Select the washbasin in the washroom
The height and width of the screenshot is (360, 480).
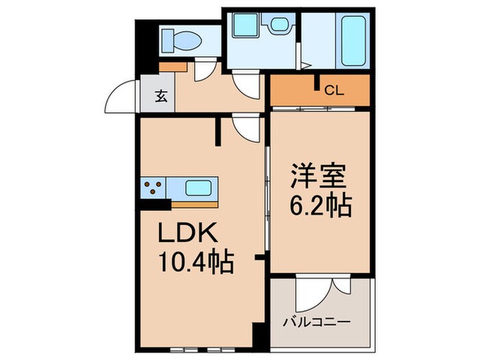click(x=278, y=25)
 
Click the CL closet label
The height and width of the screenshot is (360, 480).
click(x=333, y=89)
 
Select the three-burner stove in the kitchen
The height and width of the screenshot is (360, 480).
click(x=154, y=188)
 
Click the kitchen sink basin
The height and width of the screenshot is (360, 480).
click(x=199, y=187)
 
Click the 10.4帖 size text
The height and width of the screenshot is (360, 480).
click(x=197, y=262)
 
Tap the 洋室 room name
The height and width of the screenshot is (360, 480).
click(x=320, y=176)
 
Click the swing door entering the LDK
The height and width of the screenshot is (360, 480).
click(x=246, y=127)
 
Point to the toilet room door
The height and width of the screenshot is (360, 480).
click(x=204, y=71)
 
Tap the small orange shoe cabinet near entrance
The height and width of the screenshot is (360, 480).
click(x=173, y=67)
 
